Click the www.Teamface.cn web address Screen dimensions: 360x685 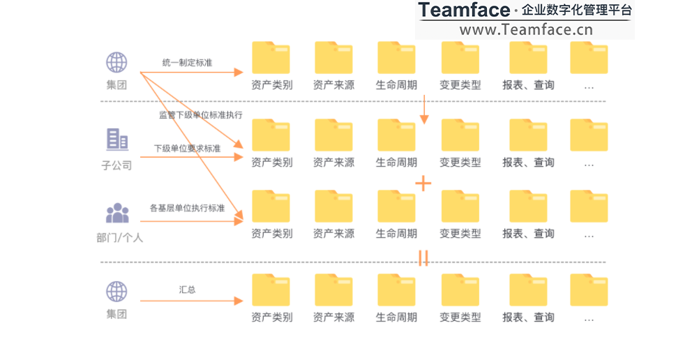click(x=525, y=29)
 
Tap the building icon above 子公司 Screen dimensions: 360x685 click(x=116, y=140)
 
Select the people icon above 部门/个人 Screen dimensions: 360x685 click(x=117, y=212)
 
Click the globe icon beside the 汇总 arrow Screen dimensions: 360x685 click(x=116, y=292)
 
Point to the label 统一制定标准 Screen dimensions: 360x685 click(x=187, y=63)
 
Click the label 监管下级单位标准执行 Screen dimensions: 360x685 click(x=201, y=115)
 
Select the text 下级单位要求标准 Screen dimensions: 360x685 click(x=187, y=149)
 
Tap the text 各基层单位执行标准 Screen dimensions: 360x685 click(x=187, y=208)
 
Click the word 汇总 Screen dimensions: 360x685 click(x=187, y=289)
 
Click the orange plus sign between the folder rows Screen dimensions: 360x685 click(x=423, y=183)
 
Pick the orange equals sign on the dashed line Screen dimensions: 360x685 click(x=423, y=259)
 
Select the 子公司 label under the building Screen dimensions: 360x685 click(x=116, y=165)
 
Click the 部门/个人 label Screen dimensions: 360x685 click(x=119, y=237)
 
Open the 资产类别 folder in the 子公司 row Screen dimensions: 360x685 click(x=271, y=135)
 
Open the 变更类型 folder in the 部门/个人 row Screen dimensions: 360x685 click(x=460, y=207)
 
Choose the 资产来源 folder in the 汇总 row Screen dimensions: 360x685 click(x=333, y=290)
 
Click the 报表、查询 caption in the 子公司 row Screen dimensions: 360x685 click(x=528, y=163)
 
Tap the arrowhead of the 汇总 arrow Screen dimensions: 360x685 click(x=239, y=301)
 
